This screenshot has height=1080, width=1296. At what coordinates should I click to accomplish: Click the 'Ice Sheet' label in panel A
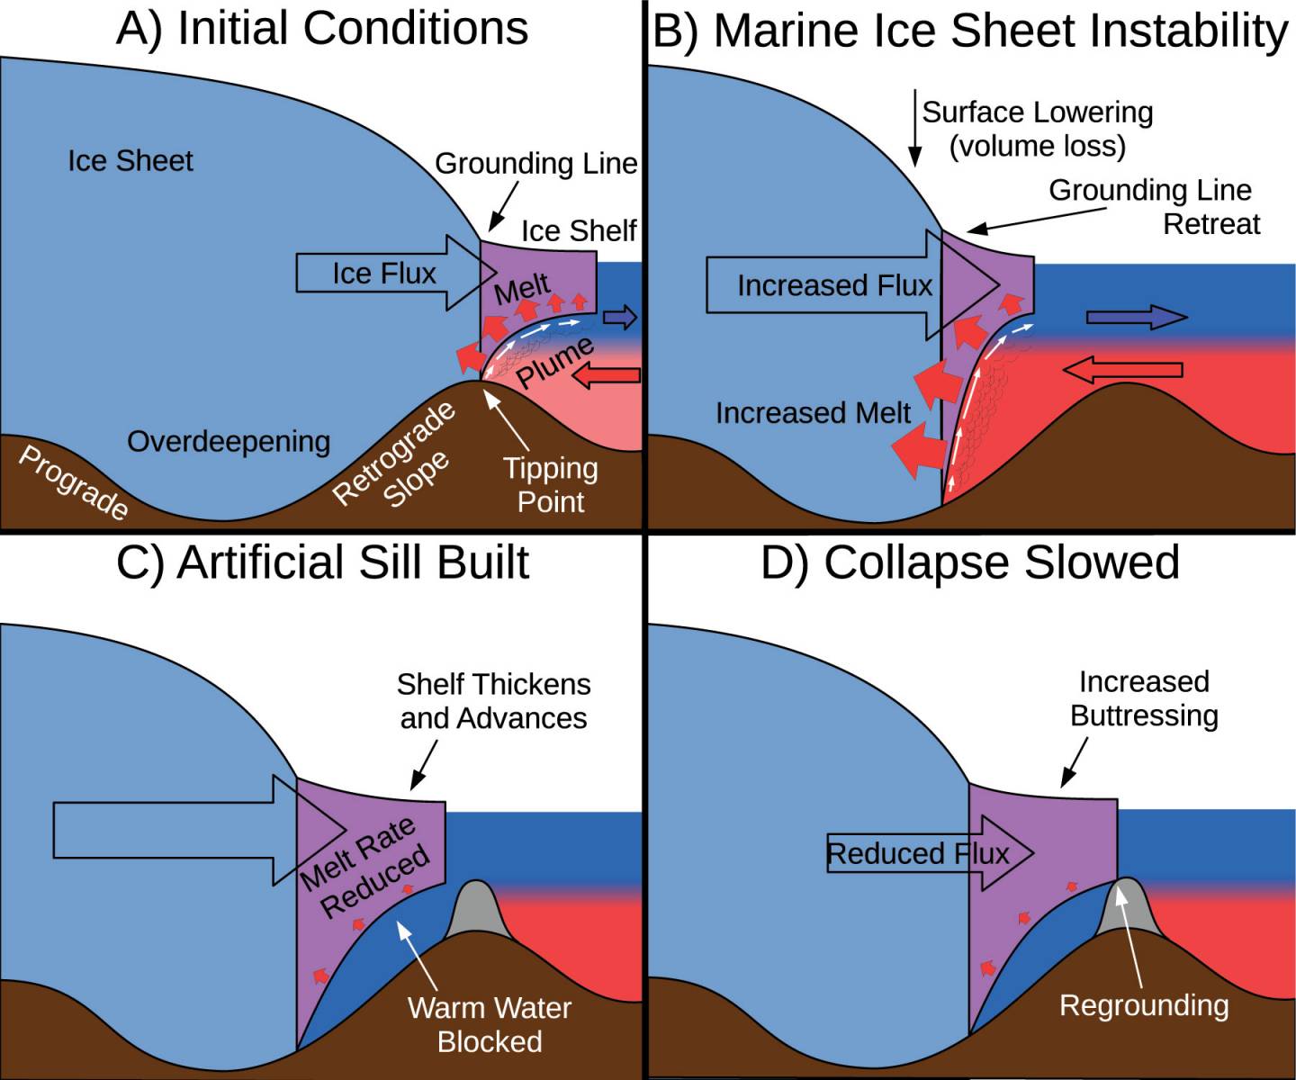coord(130,161)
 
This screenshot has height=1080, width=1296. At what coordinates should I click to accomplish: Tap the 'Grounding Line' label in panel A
coord(535,164)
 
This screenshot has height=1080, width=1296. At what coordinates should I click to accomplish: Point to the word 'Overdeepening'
coord(229,442)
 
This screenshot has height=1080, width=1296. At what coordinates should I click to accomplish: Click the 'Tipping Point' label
coord(550,484)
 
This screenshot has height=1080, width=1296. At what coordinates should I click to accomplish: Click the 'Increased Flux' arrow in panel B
coord(834,285)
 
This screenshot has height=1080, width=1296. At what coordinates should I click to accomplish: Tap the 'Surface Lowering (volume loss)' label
coord(1038,129)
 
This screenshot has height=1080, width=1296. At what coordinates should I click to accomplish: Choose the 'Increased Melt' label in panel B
coord(813,413)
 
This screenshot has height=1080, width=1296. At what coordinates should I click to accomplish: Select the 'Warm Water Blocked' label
coord(490,1024)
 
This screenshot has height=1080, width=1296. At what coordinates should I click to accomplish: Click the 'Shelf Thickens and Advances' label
coord(493,701)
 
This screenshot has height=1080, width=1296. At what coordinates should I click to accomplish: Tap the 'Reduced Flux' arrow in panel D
coord(918,853)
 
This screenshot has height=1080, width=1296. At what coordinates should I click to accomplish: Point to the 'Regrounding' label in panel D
coord(1144,1005)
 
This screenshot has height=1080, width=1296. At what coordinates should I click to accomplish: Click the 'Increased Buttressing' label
coord(1144,698)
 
